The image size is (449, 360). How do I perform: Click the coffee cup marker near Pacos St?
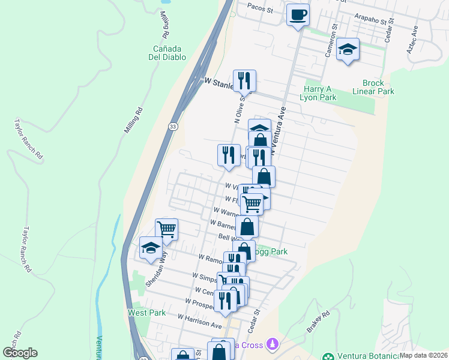(297, 14)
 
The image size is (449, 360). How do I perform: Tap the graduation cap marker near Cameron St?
(348, 50)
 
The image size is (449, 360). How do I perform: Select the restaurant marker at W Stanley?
(244, 80)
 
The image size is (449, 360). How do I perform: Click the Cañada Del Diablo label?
(169, 52)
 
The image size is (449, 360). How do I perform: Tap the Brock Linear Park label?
(378, 87)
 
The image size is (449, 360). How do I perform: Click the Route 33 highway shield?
(173, 127)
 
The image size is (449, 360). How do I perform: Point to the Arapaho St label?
(373, 20)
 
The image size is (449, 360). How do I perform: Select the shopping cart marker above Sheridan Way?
(166, 229)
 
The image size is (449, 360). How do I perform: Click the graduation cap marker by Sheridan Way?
(151, 248)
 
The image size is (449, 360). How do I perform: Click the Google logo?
(20, 353)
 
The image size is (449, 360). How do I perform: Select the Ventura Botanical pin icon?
(328, 355)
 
